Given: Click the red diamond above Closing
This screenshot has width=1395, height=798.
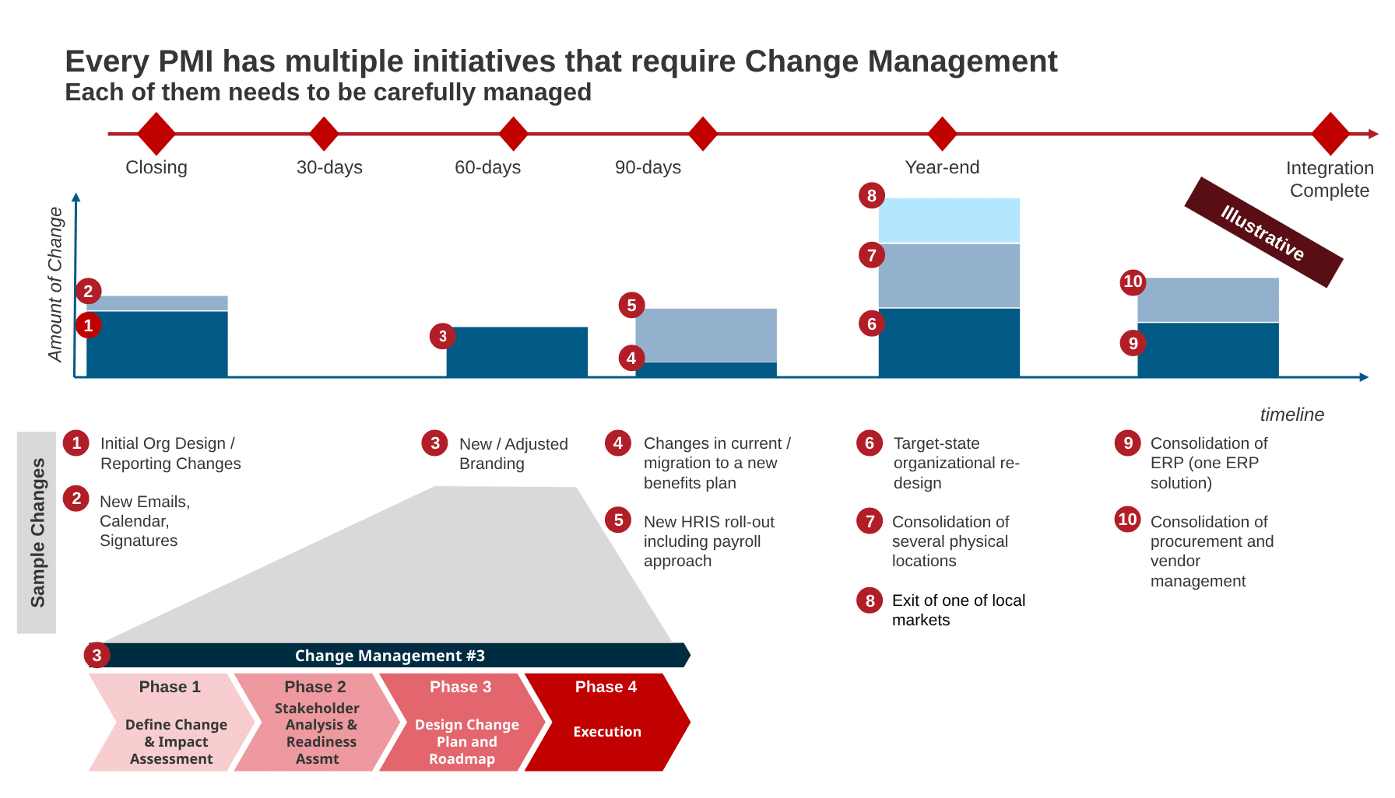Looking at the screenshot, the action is [x=156, y=134].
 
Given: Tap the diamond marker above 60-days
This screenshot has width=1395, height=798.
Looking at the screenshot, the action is [x=514, y=134].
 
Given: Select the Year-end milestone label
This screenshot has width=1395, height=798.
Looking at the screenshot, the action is [x=942, y=167].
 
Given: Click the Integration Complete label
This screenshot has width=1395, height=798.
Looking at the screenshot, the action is [x=1330, y=180].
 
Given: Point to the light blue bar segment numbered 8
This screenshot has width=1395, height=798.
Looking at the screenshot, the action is [x=949, y=220].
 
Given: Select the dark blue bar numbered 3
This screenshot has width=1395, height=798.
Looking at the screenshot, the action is [x=517, y=352].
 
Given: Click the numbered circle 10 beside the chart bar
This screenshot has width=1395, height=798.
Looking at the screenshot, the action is [x=1133, y=282].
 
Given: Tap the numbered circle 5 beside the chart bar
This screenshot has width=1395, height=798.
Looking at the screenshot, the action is [x=631, y=306].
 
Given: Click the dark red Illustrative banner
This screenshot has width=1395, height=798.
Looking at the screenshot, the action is [x=1263, y=233].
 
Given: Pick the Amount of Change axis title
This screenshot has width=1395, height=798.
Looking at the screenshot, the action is [x=55, y=285].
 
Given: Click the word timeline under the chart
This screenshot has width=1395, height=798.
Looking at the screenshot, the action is [x=1292, y=415].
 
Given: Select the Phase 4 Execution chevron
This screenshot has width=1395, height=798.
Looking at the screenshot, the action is [x=607, y=723].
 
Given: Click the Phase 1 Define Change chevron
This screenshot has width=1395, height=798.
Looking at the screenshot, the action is [x=171, y=723].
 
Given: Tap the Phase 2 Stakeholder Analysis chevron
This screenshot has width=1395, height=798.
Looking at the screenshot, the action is [x=317, y=723].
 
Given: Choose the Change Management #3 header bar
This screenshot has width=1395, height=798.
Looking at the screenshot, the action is [x=389, y=656].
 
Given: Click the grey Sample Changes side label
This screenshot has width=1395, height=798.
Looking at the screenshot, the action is [x=37, y=533].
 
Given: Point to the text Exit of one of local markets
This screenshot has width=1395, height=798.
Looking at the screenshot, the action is [x=958, y=610].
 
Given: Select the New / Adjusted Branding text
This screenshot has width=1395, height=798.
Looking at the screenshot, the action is [x=514, y=453].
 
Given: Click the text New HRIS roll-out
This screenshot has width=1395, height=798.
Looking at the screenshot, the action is [x=709, y=522].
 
